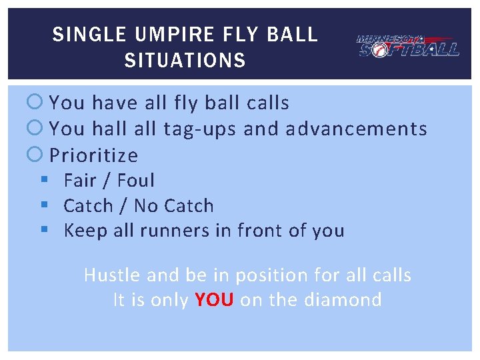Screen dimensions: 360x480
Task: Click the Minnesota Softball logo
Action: [x=407, y=45]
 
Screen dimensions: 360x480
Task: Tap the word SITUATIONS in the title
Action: [x=185, y=61]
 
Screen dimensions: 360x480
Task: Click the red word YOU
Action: [x=214, y=300]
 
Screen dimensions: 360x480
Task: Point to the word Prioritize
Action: [x=94, y=155]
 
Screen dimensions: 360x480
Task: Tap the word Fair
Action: [x=81, y=181]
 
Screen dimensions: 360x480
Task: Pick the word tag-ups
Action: [x=199, y=129]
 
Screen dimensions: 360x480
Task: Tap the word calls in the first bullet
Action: [x=268, y=103]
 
